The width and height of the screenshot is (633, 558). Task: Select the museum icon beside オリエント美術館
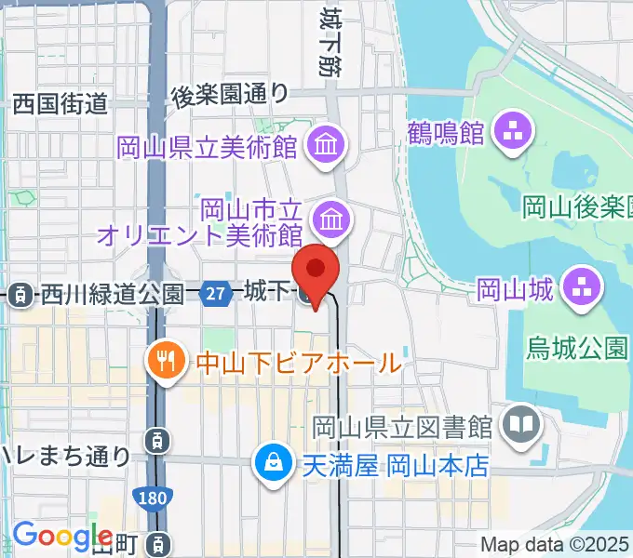click(x=330, y=219)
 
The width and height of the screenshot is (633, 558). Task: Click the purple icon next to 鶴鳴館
click(x=511, y=131)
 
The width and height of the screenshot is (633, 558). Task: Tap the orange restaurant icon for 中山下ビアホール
click(x=168, y=360)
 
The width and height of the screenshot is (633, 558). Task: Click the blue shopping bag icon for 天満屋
click(x=275, y=462)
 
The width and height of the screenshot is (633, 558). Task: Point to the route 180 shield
click(x=153, y=498)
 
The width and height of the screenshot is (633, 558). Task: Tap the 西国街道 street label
click(x=61, y=103)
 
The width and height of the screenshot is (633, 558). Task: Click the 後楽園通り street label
click(x=230, y=94)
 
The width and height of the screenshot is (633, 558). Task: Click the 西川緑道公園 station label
click(x=111, y=295)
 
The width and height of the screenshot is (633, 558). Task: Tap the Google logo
click(x=62, y=537)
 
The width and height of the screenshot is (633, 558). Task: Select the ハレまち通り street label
click(x=65, y=455)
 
